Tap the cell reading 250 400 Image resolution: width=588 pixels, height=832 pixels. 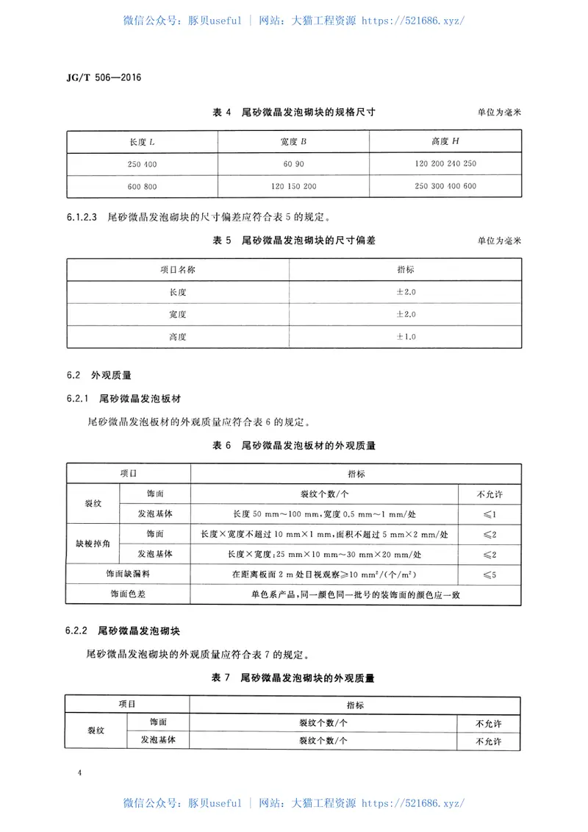point(143,163)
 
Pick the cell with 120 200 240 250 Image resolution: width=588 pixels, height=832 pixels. point(445,163)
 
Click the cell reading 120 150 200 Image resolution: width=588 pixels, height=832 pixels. point(293,186)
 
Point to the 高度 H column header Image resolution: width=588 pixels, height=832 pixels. point(445,141)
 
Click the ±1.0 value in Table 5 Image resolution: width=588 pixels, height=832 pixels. point(406,336)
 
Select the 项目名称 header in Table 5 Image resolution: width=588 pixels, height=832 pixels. point(178,269)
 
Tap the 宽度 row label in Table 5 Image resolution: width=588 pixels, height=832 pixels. point(178,314)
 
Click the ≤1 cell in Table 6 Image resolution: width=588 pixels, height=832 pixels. point(490,513)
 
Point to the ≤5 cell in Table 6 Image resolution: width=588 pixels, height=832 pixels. point(490,573)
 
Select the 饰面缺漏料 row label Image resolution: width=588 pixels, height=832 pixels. point(129,573)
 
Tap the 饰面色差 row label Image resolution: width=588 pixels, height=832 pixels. point(129,594)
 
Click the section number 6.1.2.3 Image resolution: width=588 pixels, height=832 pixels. point(82,217)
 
